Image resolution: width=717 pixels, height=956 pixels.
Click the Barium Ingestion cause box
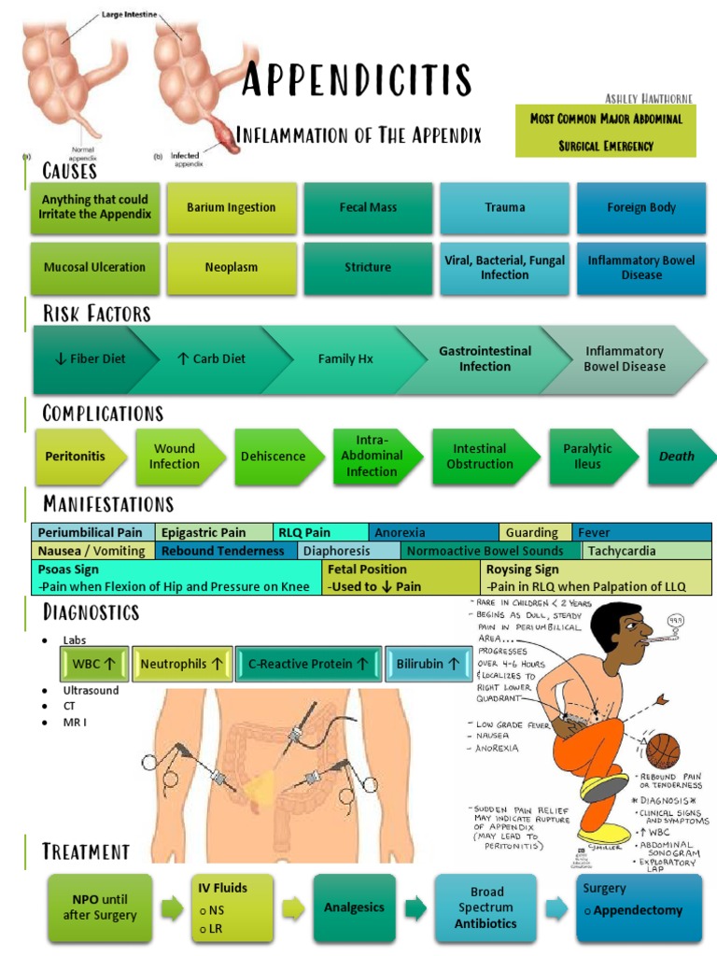pyautogui.click(x=232, y=207)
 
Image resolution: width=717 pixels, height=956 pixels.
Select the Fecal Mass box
pyautogui.click(x=368, y=207)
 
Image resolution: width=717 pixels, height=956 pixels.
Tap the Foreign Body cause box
pyautogui.click(x=641, y=207)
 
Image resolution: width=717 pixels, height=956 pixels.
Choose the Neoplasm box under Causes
pyautogui.click(x=232, y=267)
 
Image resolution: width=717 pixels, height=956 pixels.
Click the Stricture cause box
pyautogui.click(x=368, y=267)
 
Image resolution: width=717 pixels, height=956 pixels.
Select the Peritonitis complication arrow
pyautogui.click(x=77, y=457)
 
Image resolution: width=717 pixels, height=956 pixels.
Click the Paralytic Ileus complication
pyautogui.click(x=588, y=457)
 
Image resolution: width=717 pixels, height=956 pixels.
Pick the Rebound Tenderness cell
pyautogui.click(x=223, y=551)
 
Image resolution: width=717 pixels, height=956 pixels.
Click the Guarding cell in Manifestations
pyautogui.click(x=532, y=533)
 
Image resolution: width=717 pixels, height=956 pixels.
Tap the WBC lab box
pyautogui.click(x=92, y=664)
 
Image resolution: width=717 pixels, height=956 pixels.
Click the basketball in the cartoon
pyautogui.click(x=663, y=751)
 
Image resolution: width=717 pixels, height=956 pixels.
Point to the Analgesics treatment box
pyautogui.click(x=354, y=907)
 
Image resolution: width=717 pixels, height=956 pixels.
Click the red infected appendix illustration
pyautogui.click(x=224, y=138)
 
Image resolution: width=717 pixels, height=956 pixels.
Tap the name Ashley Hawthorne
pyautogui.click(x=651, y=98)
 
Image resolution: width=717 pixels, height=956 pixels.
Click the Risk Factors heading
pyautogui.click(x=96, y=313)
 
